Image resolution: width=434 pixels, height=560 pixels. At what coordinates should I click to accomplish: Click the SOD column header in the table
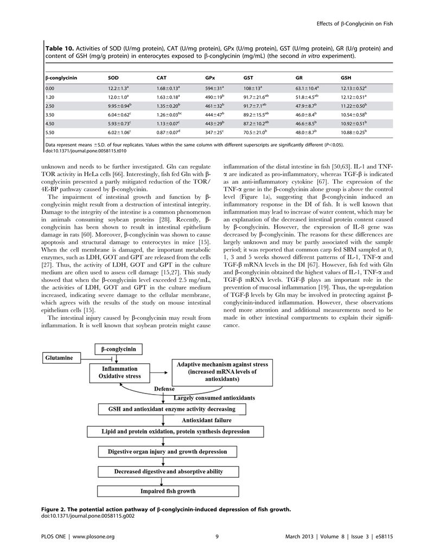click(x=113, y=78)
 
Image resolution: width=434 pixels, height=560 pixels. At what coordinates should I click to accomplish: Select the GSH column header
click(x=346, y=78)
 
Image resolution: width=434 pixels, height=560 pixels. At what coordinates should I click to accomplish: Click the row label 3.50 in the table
click(x=50, y=115)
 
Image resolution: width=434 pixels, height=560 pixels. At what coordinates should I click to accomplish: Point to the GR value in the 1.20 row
click(x=307, y=96)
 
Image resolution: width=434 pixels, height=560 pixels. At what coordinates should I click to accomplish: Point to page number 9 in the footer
click(x=216, y=536)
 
